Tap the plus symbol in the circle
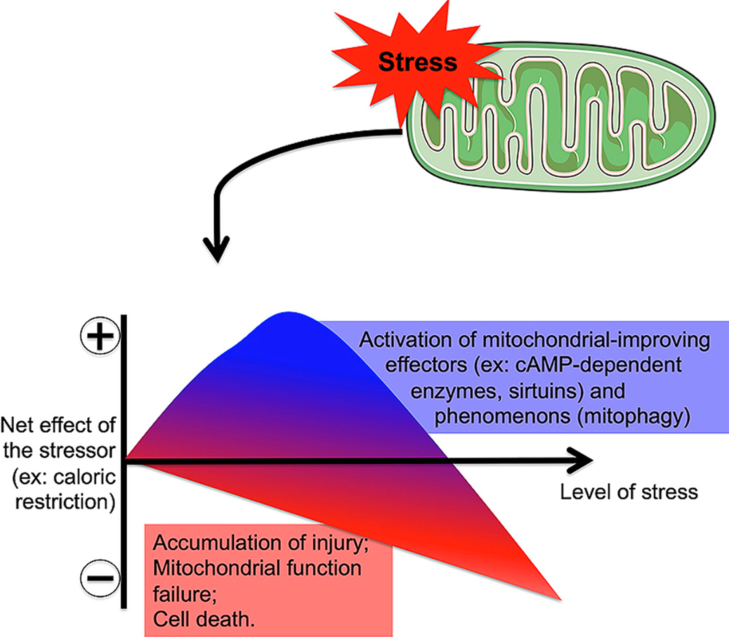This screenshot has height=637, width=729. tap(99, 338)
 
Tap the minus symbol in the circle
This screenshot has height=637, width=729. tap(99, 577)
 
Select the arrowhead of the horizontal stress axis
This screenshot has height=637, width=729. tap(580, 461)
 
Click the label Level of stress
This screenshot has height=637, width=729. tap(629, 491)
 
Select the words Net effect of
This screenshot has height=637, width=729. tap(59, 426)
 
